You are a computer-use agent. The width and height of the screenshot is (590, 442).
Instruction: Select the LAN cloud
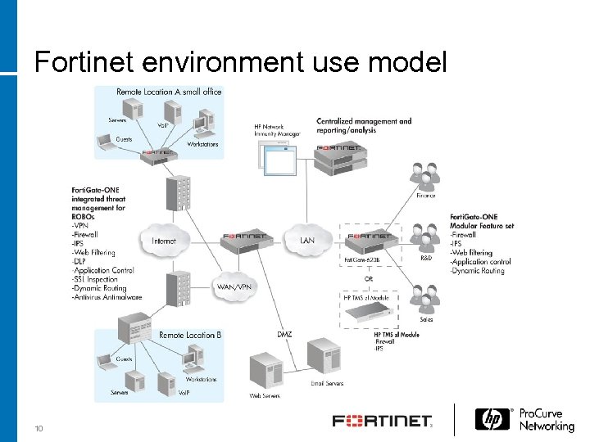coord(307,240)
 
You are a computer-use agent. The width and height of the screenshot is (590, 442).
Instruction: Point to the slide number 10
coord(39,429)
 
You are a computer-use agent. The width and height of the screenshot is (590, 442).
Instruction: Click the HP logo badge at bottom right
coord(493,420)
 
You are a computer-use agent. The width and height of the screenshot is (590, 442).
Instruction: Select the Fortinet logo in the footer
coord(381,422)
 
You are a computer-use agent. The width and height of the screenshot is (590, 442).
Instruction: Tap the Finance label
coord(426,196)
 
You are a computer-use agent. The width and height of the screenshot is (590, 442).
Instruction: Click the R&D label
coord(426,258)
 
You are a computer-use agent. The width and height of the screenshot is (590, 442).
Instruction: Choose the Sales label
coord(426,319)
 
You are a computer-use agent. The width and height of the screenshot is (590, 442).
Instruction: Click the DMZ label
coord(284,334)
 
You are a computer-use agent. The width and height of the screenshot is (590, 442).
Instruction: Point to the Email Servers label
coord(327,382)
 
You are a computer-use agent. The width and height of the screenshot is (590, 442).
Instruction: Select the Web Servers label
coord(266,397)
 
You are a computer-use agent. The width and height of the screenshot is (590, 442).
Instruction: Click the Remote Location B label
coord(190,335)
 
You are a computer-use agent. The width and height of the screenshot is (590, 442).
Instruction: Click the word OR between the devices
coord(370,279)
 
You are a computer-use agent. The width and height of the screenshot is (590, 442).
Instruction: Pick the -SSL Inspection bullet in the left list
coord(102,279)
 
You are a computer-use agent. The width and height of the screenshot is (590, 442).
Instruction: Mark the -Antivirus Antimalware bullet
coord(107,297)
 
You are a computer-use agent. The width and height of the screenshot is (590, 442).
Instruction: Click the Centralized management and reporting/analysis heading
coord(364,125)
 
